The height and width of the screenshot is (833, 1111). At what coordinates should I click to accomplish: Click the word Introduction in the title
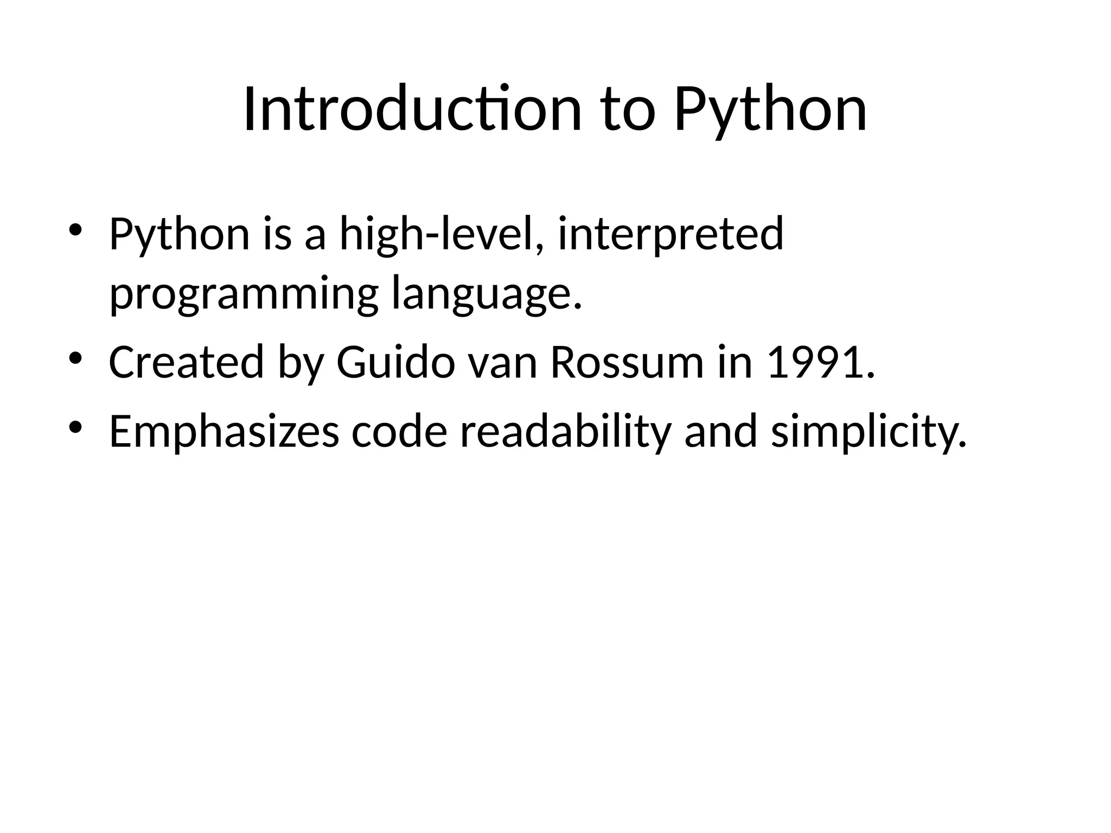[412, 110]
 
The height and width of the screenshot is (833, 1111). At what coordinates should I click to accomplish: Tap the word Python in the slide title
[770, 110]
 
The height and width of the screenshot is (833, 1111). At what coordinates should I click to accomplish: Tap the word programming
[244, 294]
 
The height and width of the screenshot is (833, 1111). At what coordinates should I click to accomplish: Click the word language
[486, 294]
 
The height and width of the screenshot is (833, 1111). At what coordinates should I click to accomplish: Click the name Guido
[395, 362]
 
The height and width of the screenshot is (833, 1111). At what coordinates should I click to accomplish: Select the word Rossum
[627, 362]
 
